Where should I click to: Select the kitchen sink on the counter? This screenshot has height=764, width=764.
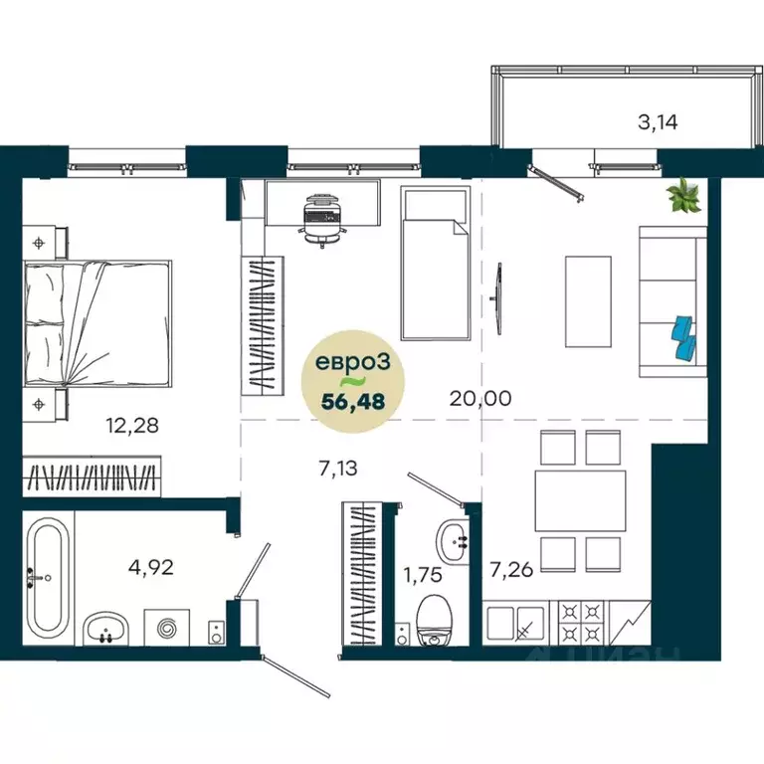524,624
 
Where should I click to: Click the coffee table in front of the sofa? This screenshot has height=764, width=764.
588,300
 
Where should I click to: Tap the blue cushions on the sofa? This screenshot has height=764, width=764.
683,337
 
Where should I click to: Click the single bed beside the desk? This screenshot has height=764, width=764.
435,264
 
